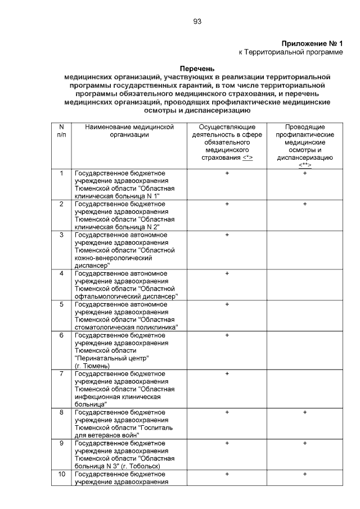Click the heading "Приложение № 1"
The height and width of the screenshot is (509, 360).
tap(312, 43)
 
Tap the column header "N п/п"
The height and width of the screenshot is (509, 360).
tap(61, 131)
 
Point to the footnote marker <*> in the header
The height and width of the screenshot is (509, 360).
tap(247, 158)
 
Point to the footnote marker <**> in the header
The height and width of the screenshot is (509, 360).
tap(305, 165)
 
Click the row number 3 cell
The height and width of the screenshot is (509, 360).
tap(61, 235)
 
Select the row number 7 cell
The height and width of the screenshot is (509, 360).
tap(61, 373)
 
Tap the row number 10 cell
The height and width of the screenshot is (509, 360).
tap(61, 475)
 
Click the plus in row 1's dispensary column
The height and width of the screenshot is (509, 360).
tap(305, 173)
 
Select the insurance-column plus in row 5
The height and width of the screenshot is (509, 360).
tap(227, 304)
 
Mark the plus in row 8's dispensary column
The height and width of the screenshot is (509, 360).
tap(305, 412)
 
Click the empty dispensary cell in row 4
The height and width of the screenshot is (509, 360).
tap(305, 285)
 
